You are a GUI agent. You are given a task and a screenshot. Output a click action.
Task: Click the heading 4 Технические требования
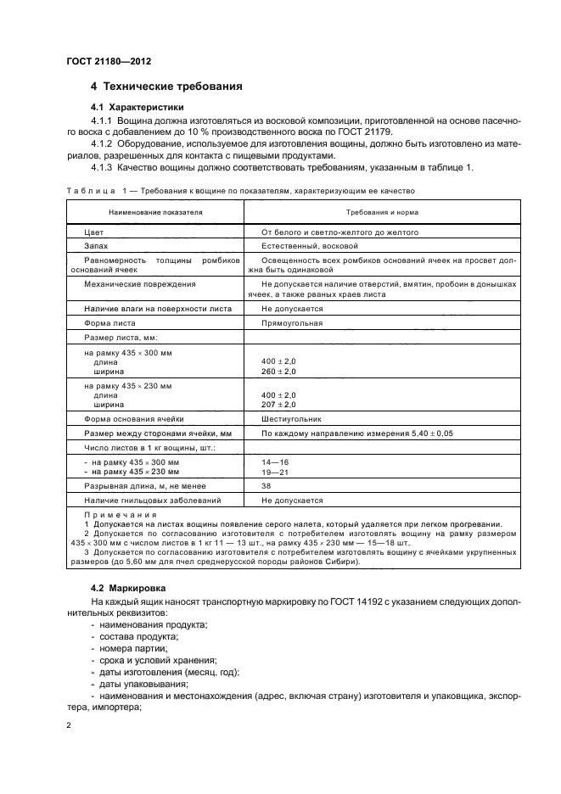point(167,87)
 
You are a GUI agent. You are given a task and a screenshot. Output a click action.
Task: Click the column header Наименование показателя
point(155,213)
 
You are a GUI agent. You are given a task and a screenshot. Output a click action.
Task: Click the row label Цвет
point(93,232)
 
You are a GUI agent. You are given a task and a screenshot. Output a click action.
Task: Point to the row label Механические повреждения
point(139,283)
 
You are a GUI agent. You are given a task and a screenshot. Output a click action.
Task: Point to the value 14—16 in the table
point(276,461)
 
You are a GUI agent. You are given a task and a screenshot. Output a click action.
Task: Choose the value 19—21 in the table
point(276,471)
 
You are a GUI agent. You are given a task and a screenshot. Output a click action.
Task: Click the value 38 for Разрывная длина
point(266,487)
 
